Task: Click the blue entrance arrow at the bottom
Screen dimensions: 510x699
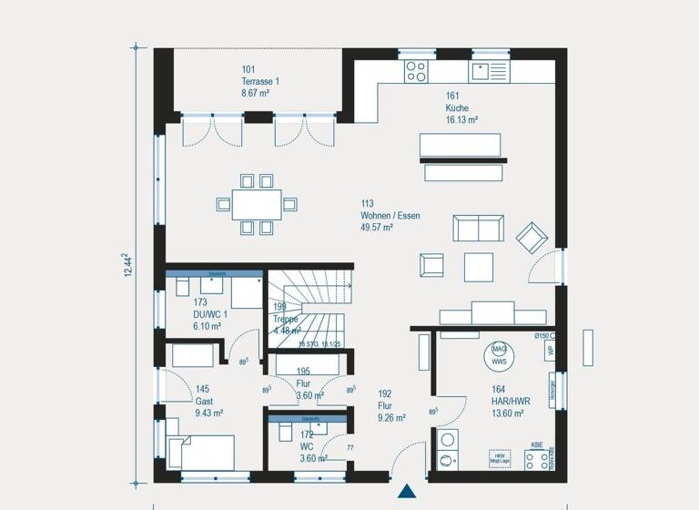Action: pos(406,492)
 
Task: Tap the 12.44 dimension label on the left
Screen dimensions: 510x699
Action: pos(128,265)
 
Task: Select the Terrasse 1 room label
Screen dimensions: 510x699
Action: pos(260,81)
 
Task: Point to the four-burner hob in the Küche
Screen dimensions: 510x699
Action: pos(416,70)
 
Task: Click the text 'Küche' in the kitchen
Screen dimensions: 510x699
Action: pos(457,107)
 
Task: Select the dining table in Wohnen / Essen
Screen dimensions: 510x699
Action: pos(257,204)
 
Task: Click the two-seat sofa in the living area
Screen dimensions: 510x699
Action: pos(478,228)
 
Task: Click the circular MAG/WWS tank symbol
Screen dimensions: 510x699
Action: pos(499,354)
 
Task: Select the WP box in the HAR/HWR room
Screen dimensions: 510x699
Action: pos(550,351)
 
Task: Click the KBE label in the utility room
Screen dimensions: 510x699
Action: pos(537,446)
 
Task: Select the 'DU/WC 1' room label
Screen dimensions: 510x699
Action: pos(210,313)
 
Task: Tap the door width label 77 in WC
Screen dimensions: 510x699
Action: pos(349,448)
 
